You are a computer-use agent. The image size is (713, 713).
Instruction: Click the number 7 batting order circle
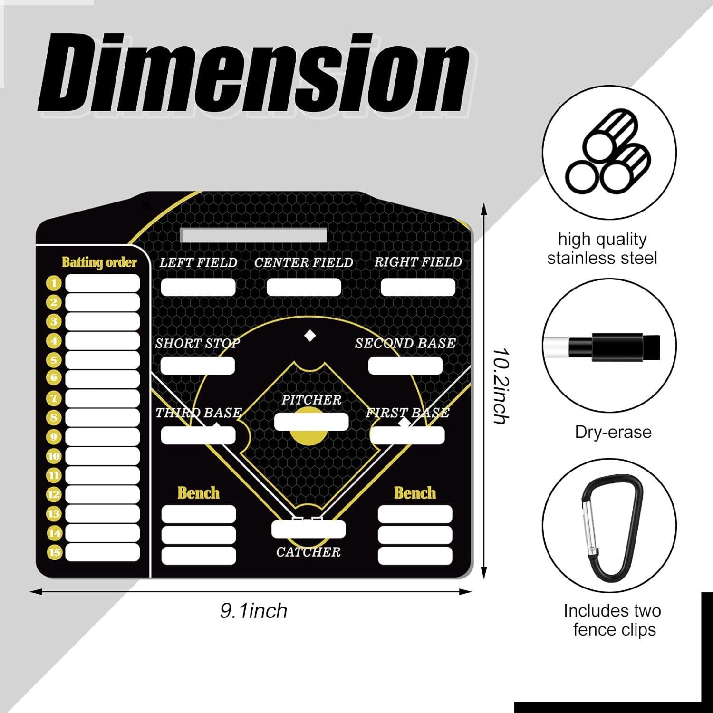click(x=54, y=398)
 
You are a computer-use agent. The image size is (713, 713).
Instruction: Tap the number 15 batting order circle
click(x=54, y=552)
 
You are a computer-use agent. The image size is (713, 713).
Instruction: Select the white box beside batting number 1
click(x=102, y=283)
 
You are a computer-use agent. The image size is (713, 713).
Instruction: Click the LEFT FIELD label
click(x=198, y=262)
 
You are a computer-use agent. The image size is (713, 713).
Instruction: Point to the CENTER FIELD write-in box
click(x=304, y=287)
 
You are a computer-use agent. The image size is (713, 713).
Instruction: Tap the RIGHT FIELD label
click(x=418, y=262)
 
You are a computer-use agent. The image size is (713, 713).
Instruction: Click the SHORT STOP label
click(x=198, y=343)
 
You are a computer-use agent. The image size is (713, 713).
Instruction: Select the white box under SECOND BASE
click(x=405, y=365)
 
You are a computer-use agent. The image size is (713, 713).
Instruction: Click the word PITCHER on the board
click(x=311, y=400)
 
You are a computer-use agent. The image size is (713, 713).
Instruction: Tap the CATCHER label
click(x=308, y=552)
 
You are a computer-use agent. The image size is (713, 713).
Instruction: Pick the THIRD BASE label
click(x=199, y=413)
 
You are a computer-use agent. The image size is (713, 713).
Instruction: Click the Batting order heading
click(x=99, y=262)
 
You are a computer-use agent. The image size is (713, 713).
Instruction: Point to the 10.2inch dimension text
click(x=501, y=386)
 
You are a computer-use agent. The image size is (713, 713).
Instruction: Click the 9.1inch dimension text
click(x=254, y=611)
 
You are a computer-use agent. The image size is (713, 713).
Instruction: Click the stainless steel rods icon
click(x=609, y=151)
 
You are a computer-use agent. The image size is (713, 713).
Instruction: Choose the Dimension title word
click(x=252, y=72)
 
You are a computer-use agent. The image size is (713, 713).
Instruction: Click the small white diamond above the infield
click(x=310, y=336)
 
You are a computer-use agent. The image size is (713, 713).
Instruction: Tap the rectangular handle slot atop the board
click(x=253, y=235)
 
